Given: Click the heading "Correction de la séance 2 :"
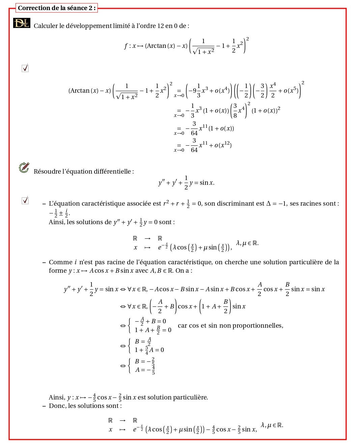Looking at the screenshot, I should (x=56, y=8).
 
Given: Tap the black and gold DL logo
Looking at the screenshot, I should (x=22, y=23).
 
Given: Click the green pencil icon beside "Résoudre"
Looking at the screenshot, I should (x=24, y=167).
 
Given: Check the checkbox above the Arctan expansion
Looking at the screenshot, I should (x=25, y=68).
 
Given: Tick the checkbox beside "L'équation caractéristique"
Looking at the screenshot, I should (x=25, y=201).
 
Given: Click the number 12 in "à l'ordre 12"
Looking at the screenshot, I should (x=160, y=26).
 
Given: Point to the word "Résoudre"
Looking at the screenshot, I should (x=47, y=172).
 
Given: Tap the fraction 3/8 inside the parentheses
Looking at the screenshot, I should (x=235, y=111).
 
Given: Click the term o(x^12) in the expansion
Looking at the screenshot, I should (x=223, y=145).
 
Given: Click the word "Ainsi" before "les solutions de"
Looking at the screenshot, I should (x=56, y=222).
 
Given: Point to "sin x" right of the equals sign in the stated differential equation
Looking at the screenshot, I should (x=207, y=183).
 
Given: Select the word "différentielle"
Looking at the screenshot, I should (x=115, y=172).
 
